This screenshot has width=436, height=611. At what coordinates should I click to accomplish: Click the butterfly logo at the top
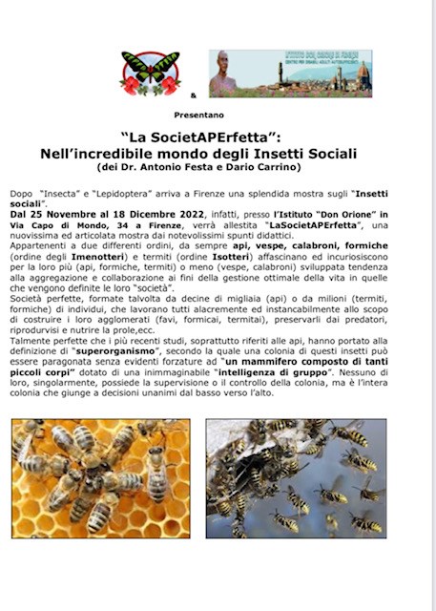pos(150,74)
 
